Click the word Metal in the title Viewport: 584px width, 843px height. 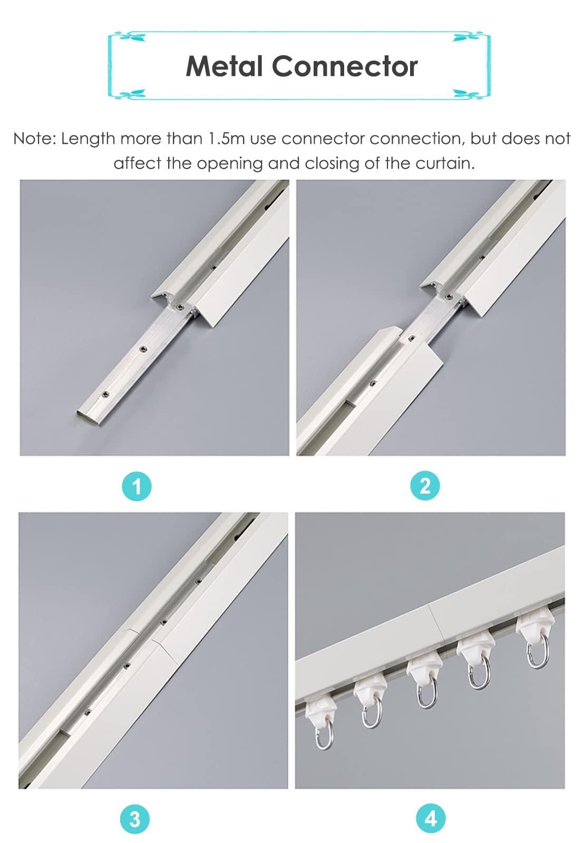(224, 66)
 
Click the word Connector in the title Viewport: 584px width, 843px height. (344, 66)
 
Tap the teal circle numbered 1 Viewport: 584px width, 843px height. (137, 486)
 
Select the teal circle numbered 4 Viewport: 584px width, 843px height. (431, 819)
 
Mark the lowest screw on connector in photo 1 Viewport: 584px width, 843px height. (106, 394)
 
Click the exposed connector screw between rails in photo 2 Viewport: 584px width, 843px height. (412, 338)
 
